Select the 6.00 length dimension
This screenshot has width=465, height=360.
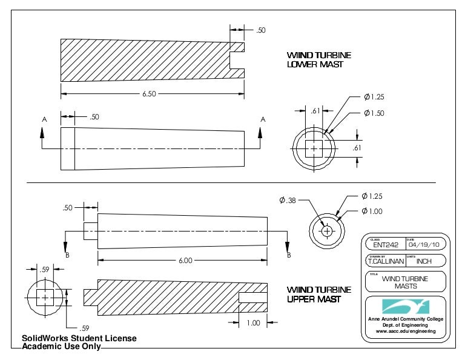tap(185, 260)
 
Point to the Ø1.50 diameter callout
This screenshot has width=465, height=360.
tap(374, 113)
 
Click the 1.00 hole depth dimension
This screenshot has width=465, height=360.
tap(253, 323)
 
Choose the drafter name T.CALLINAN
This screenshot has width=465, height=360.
tap(386, 262)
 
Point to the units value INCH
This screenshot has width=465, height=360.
tap(424, 262)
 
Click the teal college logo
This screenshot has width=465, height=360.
tap(405, 305)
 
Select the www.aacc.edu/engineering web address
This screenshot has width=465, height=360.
tap(406, 332)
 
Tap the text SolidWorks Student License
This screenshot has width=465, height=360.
tap(79, 338)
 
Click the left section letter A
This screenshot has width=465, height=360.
tap(44, 120)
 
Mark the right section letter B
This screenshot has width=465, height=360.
tap(289, 255)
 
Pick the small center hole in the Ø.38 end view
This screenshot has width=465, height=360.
tap(327, 231)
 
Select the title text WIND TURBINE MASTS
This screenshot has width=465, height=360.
tap(406, 282)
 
